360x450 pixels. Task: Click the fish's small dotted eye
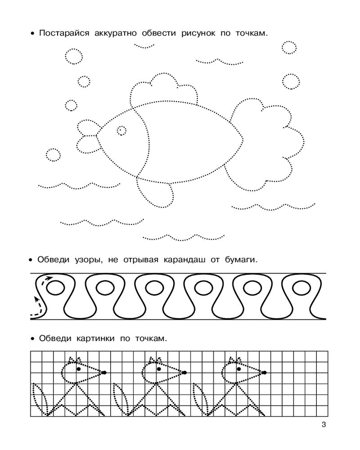point(121,131)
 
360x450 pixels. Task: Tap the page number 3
point(324,424)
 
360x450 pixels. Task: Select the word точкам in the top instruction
point(252,33)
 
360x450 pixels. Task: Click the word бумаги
point(241,260)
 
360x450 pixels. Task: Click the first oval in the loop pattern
point(55,288)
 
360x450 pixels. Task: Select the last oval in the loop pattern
point(301,288)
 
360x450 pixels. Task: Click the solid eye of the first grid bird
point(79,369)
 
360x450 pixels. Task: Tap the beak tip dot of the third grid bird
point(265,373)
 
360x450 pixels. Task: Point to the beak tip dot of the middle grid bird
point(184,373)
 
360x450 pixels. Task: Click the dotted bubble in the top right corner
point(289,47)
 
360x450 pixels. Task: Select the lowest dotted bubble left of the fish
point(54,155)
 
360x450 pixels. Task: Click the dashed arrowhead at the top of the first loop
point(49,278)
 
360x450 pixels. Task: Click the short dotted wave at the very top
point(144,45)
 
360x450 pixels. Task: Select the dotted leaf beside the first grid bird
point(40,399)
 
